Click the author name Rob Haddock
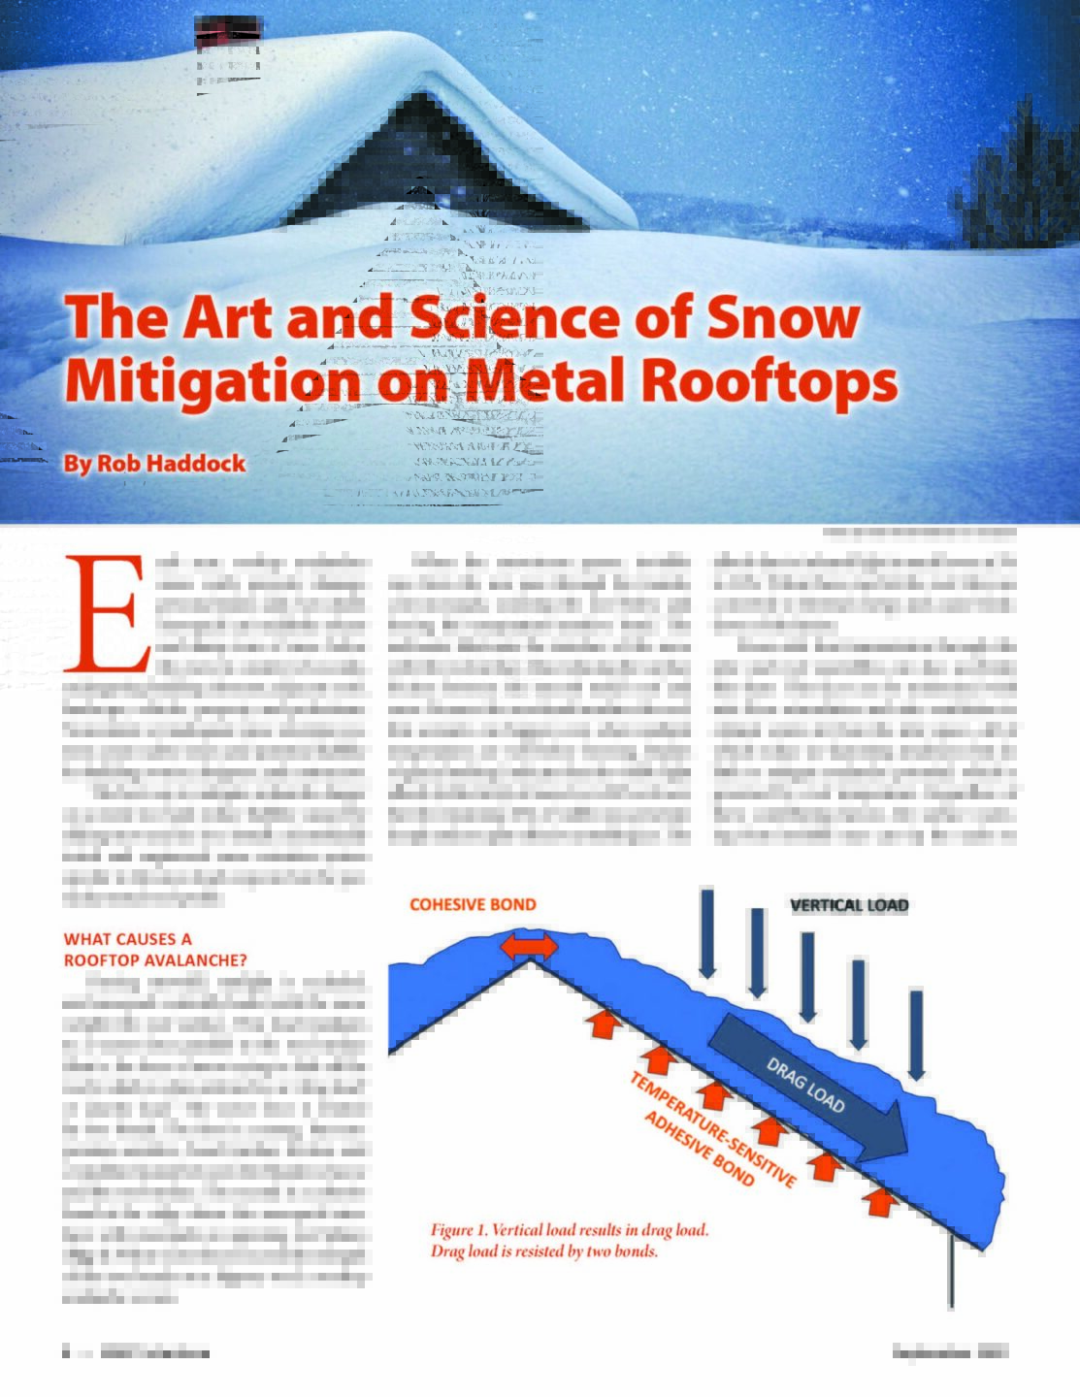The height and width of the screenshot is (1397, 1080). click(154, 464)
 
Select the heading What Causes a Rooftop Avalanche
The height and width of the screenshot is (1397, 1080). click(155, 949)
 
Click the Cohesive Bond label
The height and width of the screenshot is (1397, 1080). click(473, 904)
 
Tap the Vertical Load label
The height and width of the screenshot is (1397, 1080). click(849, 905)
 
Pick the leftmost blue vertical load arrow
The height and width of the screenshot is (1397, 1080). click(707, 930)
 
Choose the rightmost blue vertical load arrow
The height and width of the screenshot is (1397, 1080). click(917, 1032)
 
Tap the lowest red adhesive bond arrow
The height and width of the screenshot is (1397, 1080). click(878, 1200)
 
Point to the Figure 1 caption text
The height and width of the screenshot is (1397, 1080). click(570, 1241)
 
